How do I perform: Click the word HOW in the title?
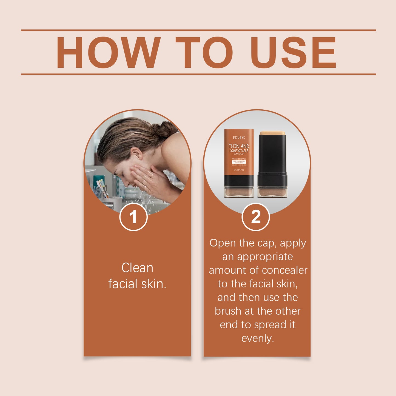(108, 52)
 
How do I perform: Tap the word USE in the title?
(293, 52)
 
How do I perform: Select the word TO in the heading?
(204, 52)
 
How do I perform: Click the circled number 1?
(133, 217)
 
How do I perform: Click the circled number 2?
(256, 217)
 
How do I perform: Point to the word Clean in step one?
(137, 268)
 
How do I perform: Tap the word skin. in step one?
(154, 284)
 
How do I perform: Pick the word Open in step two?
(223, 243)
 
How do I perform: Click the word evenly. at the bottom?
(258, 338)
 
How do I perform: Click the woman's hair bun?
(164, 129)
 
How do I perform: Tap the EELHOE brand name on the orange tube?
(239, 138)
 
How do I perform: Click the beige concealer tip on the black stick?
(272, 133)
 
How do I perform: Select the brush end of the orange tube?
(239, 192)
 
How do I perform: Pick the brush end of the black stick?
(272, 192)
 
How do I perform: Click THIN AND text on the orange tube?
(239, 146)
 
